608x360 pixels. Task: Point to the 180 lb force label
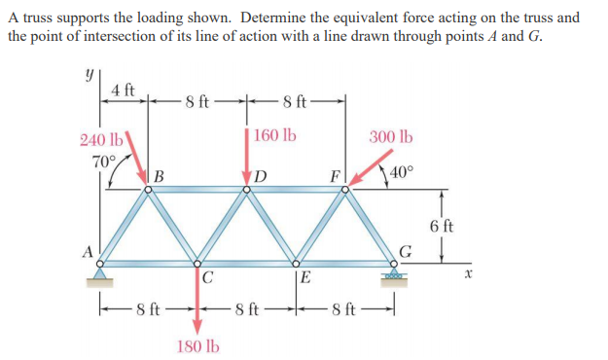pyautogui.click(x=198, y=345)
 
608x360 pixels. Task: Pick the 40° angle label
pyautogui.click(x=401, y=173)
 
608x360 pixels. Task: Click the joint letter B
pyautogui.click(x=159, y=176)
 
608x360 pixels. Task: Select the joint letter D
pyautogui.click(x=261, y=176)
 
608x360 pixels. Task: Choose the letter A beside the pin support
pyautogui.click(x=87, y=251)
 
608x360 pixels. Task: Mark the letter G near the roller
pyautogui.click(x=406, y=251)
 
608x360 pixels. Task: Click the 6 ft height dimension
pyautogui.click(x=441, y=227)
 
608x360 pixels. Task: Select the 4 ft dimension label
pyautogui.click(x=123, y=90)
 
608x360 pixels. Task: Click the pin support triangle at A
pyautogui.click(x=99, y=271)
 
